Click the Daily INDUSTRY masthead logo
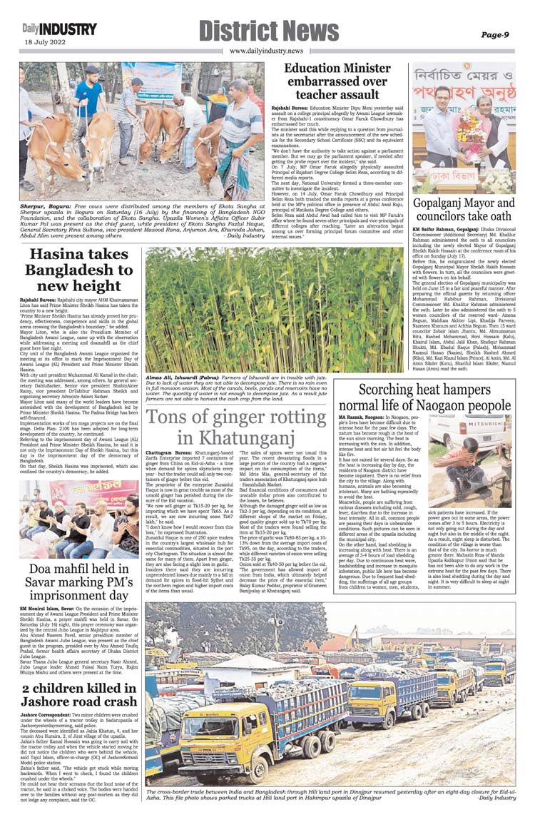coord(58,29)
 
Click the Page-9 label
coord(494,34)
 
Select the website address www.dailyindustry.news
coord(266,51)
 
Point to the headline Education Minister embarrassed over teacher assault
coord(327,81)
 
